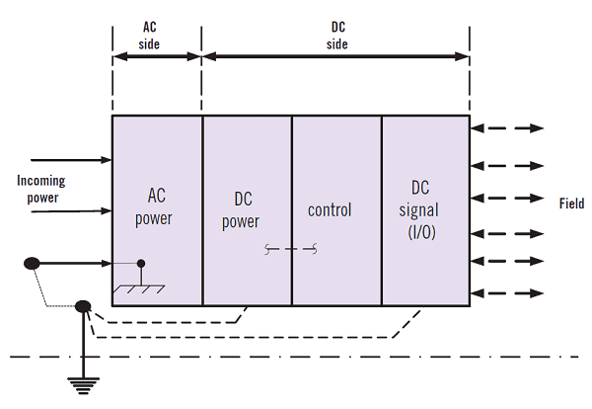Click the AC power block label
[154, 206]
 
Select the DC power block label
[241, 210]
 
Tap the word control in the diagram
[330, 210]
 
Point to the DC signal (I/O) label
[419, 209]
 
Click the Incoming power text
[41, 189]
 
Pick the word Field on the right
[571, 204]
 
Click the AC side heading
[149, 36]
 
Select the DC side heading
[337, 36]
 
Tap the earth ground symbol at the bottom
[83, 385]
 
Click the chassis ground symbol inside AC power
[139, 289]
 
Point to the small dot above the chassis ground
[141, 263]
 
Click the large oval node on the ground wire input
[32, 263]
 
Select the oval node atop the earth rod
[83, 306]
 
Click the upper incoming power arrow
[71, 160]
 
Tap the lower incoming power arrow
[71, 211]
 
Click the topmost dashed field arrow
[507, 128]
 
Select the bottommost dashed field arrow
[507, 293]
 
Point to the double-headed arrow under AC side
[157, 56]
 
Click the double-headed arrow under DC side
[335, 56]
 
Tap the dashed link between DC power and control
[291, 249]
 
